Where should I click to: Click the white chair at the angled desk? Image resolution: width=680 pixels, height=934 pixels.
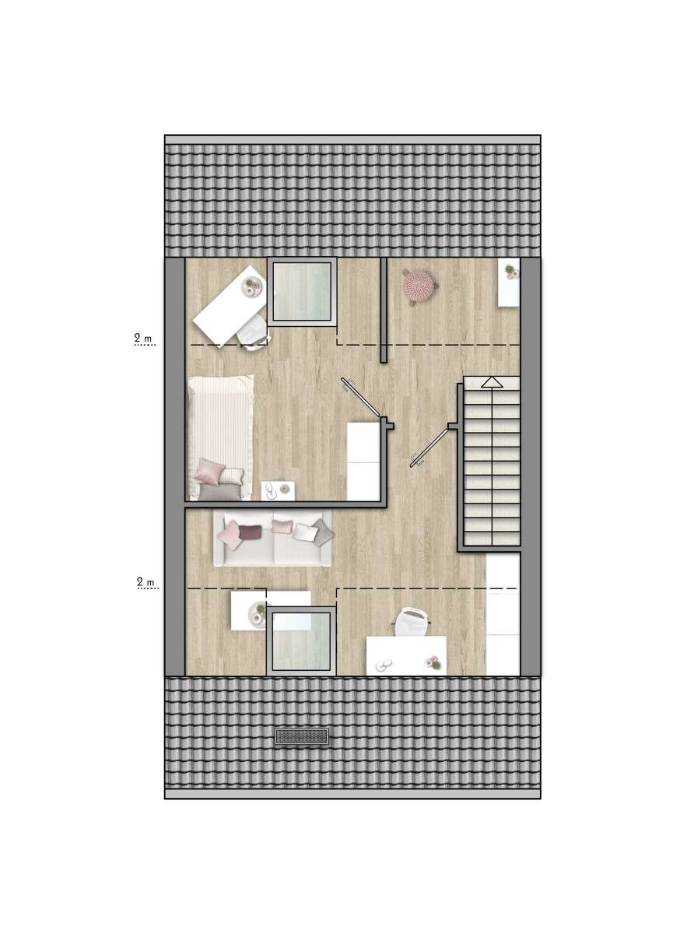tap(253, 333)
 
